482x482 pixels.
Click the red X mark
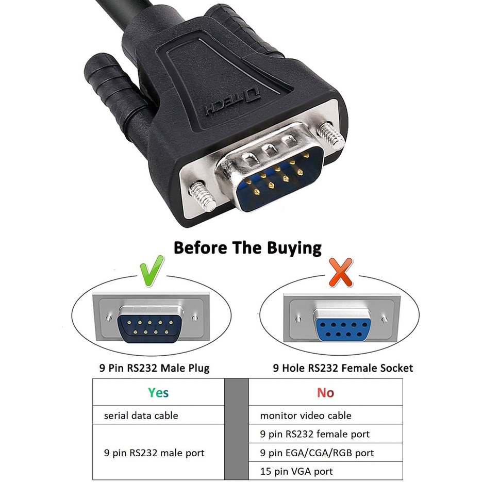point(341,272)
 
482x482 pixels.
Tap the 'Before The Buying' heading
point(247,247)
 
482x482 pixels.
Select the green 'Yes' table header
point(158,393)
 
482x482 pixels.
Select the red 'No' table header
point(325,393)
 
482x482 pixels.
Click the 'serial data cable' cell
point(141,415)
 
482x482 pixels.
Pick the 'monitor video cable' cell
point(306,415)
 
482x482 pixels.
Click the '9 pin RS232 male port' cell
point(154,453)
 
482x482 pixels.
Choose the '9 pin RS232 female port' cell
point(315,434)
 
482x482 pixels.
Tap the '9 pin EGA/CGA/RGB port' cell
point(317,453)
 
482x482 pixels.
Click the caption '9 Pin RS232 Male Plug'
point(155,368)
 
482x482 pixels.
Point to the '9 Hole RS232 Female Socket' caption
point(343,368)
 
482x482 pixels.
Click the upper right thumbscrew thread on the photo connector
point(331,134)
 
